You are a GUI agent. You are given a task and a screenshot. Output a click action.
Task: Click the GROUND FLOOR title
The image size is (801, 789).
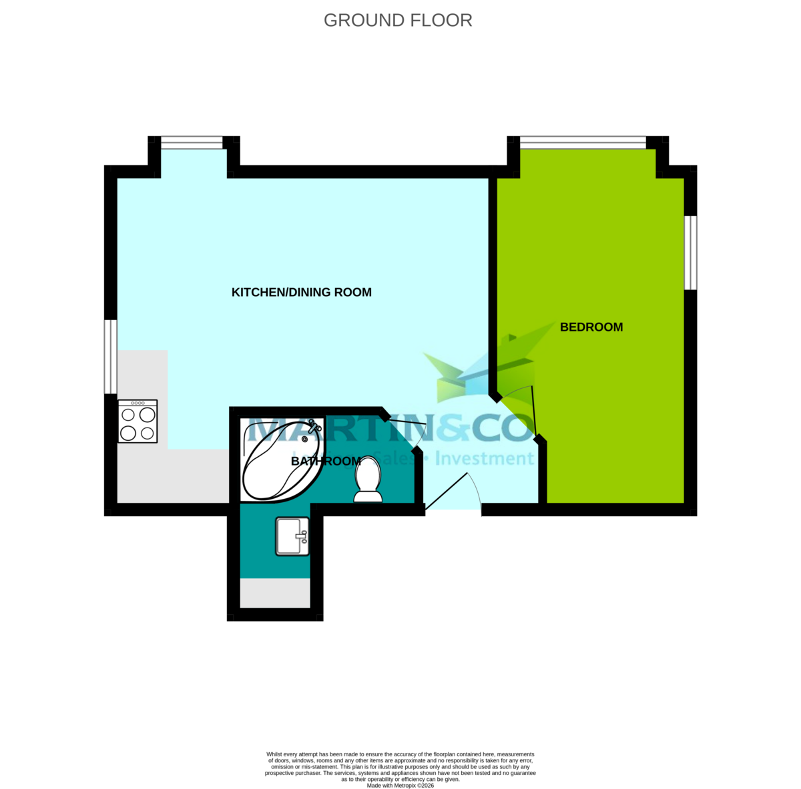click(x=398, y=21)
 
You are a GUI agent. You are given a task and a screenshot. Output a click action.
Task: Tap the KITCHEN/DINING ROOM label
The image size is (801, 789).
click(x=301, y=292)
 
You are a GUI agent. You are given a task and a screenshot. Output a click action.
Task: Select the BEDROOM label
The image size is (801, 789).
click(x=591, y=327)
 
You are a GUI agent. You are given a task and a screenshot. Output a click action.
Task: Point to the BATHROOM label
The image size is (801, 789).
click(x=326, y=461)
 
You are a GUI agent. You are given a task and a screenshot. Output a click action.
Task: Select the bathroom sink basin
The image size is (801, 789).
click(x=292, y=536)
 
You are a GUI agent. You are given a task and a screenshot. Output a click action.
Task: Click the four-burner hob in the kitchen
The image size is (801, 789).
click(x=138, y=422)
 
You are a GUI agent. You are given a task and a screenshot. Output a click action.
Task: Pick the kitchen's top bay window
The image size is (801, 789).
click(x=192, y=143)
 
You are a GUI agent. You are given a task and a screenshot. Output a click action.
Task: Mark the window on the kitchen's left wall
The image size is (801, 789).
click(x=111, y=357)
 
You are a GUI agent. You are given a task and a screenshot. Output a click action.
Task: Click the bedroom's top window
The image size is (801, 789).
click(x=583, y=142)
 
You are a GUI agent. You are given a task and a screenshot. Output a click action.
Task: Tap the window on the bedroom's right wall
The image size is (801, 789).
click(x=691, y=252)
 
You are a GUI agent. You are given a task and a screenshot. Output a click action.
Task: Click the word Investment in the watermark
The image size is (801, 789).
click(x=486, y=459)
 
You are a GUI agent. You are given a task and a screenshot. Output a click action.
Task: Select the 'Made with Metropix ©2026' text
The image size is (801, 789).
click(x=400, y=785)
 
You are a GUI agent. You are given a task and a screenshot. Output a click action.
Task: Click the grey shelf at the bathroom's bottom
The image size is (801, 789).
click(x=275, y=593)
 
